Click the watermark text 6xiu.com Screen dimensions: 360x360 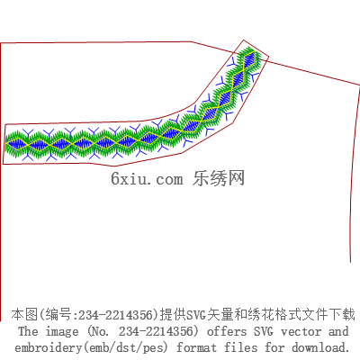pyautogui.click(x=147, y=179)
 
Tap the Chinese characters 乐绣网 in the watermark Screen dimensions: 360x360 pyautogui.click(x=219, y=178)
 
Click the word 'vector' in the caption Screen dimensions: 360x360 pyautogui.click(x=301, y=331)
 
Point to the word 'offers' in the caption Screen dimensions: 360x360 pyautogui.click(x=227, y=331)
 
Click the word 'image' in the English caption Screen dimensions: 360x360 pyautogui.click(x=62, y=332)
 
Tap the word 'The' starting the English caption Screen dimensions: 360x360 pyautogui.click(x=28, y=331)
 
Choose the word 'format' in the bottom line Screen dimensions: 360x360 pyautogui.click(x=196, y=347)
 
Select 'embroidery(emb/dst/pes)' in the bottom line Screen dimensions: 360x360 pyautogui.click(x=91, y=348)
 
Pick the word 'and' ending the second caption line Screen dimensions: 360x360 pyautogui.click(x=338, y=331)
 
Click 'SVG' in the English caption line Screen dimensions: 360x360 pyautogui.click(x=264, y=331)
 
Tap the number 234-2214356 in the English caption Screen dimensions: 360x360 pyautogui.click(x=155, y=331)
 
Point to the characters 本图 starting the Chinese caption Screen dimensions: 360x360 pyautogui.click(x=24, y=315)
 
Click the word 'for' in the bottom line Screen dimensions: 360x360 pyautogui.click(x=274, y=347)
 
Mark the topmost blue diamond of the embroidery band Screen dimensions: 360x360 pyautogui.click(x=249, y=59)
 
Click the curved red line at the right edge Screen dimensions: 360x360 pyautogui.click(x=354, y=174)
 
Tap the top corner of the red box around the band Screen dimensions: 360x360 pyautogui.click(x=243, y=40)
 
